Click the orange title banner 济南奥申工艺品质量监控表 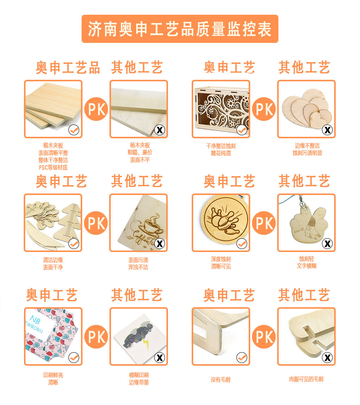[180, 29]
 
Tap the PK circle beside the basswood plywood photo [96, 109]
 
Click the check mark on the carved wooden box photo [242, 130]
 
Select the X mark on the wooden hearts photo [327, 130]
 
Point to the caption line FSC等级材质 [53, 167]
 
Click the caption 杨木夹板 [140, 145]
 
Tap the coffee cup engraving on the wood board [153, 225]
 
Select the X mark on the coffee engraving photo [160, 244]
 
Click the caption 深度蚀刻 [221, 259]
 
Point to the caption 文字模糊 [307, 266]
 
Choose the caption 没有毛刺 [220, 379]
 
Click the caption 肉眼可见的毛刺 [306, 379]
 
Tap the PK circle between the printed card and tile [96, 337]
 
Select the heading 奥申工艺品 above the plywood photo [68, 67]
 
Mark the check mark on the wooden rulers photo [74, 244]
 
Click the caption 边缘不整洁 [307, 145]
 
